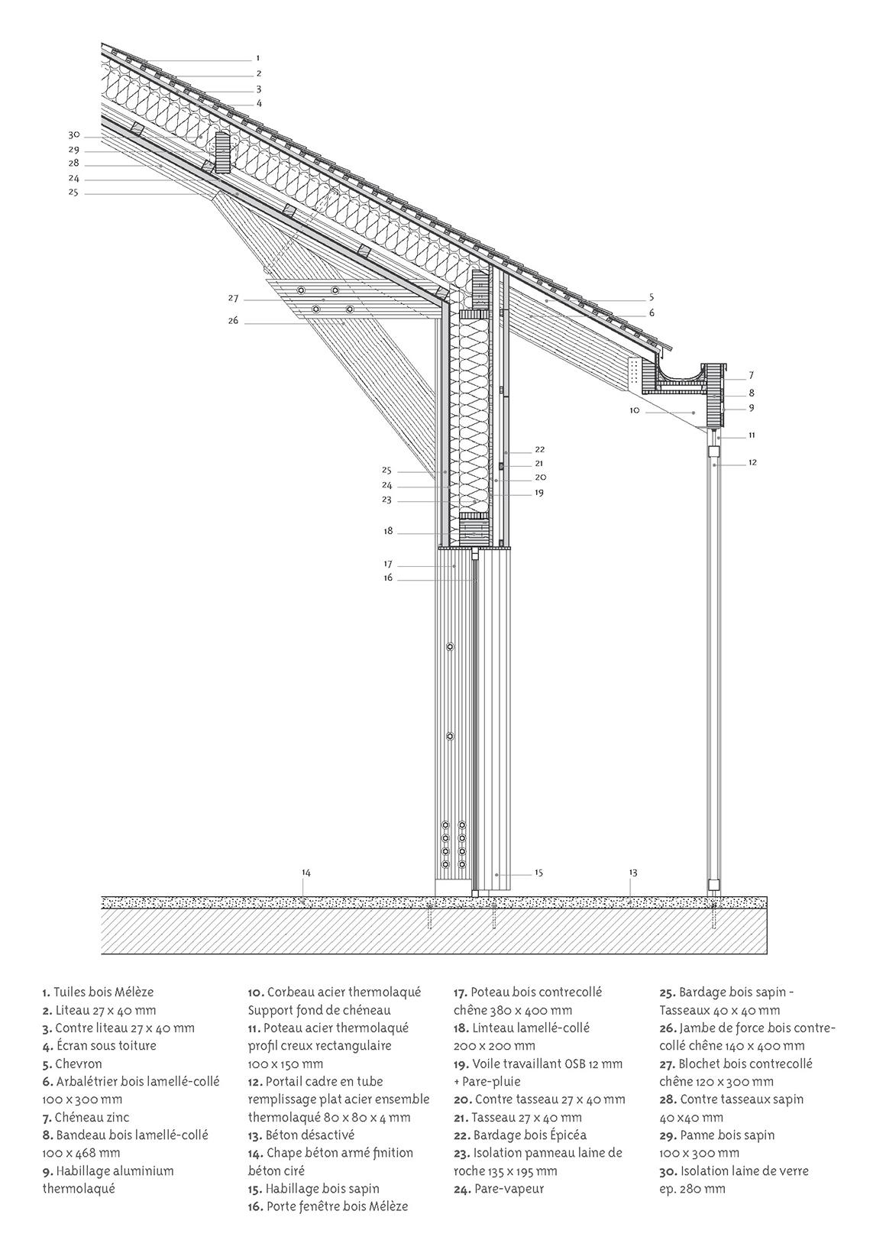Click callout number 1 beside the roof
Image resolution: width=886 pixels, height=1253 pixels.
(x=258, y=58)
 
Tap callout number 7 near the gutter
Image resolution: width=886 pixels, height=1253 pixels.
(x=752, y=375)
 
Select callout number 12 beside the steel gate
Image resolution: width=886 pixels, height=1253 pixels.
(x=752, y=462)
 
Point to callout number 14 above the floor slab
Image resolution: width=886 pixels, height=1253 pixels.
(x=306, y=873)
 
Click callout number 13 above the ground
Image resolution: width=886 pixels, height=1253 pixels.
(x=633, y=873)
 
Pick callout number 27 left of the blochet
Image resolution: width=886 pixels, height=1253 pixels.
(x=233, y=298)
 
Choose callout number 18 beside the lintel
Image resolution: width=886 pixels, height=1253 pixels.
(x=388, y=530)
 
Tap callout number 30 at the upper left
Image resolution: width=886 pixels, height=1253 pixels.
(x=74, y=135)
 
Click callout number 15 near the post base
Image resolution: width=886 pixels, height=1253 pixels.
(x=538, y=873)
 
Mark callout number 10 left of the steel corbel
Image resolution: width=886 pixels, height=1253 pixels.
(x=634, y=410)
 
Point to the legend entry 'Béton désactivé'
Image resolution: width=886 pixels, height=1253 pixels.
(x=310, y=1135)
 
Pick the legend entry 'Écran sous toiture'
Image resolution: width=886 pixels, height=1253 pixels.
(x=101, y=1045)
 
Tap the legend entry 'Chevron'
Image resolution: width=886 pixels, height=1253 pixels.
(x=78, y=1064)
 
